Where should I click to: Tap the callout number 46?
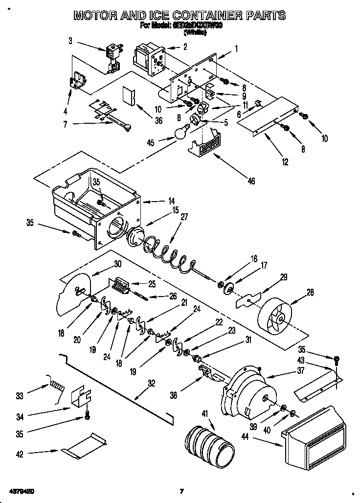(251, 181)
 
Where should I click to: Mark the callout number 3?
(70, 41)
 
